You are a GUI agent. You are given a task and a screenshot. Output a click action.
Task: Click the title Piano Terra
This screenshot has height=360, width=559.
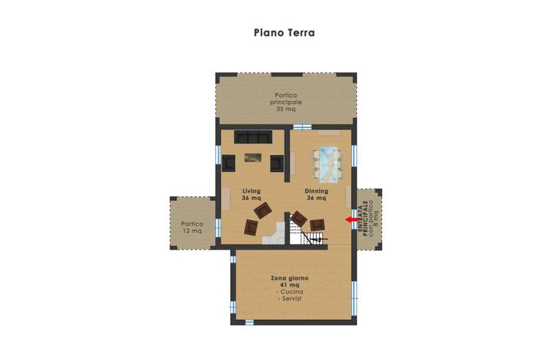point(284,33)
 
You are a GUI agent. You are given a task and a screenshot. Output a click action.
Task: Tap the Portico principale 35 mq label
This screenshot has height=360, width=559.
point(285,102)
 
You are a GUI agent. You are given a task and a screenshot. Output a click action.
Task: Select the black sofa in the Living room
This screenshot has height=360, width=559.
point(252,137)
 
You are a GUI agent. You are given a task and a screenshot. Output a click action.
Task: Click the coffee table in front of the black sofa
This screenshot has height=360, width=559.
point(253,156)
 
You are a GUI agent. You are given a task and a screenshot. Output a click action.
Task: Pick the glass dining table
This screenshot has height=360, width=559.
point(326,163)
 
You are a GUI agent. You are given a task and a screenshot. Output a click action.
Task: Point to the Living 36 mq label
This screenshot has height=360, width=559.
point(251,194)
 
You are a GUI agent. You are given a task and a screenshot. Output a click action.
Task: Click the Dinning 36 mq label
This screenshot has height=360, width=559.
point(316,194)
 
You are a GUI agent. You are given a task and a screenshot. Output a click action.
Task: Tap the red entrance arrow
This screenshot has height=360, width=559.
point(352,219)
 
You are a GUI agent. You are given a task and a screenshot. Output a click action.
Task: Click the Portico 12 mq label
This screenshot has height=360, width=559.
point(192,228)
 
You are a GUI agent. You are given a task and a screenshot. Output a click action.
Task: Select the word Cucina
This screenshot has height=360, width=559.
point(290,292)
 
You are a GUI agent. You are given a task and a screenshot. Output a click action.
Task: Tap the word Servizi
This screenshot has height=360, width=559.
point(290,299)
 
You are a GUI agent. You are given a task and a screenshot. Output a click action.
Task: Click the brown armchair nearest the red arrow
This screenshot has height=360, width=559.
point(317,225)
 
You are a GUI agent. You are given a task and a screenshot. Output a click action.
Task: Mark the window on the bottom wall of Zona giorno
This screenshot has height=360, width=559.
point(249,322)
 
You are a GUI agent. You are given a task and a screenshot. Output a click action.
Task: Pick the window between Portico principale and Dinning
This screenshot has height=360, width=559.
point(297,127)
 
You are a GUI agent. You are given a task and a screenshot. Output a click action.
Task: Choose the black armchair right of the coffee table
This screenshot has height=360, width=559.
point(277,163)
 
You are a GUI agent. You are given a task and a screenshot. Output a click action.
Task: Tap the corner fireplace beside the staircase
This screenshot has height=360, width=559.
point(275,236)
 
